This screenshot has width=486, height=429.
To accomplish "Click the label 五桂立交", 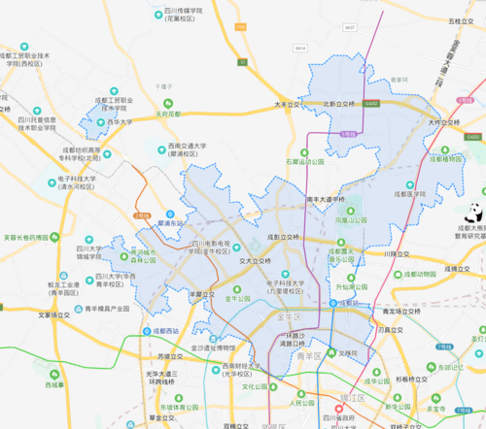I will click(461, 20).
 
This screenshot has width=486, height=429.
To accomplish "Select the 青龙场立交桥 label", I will click(402, 312).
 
